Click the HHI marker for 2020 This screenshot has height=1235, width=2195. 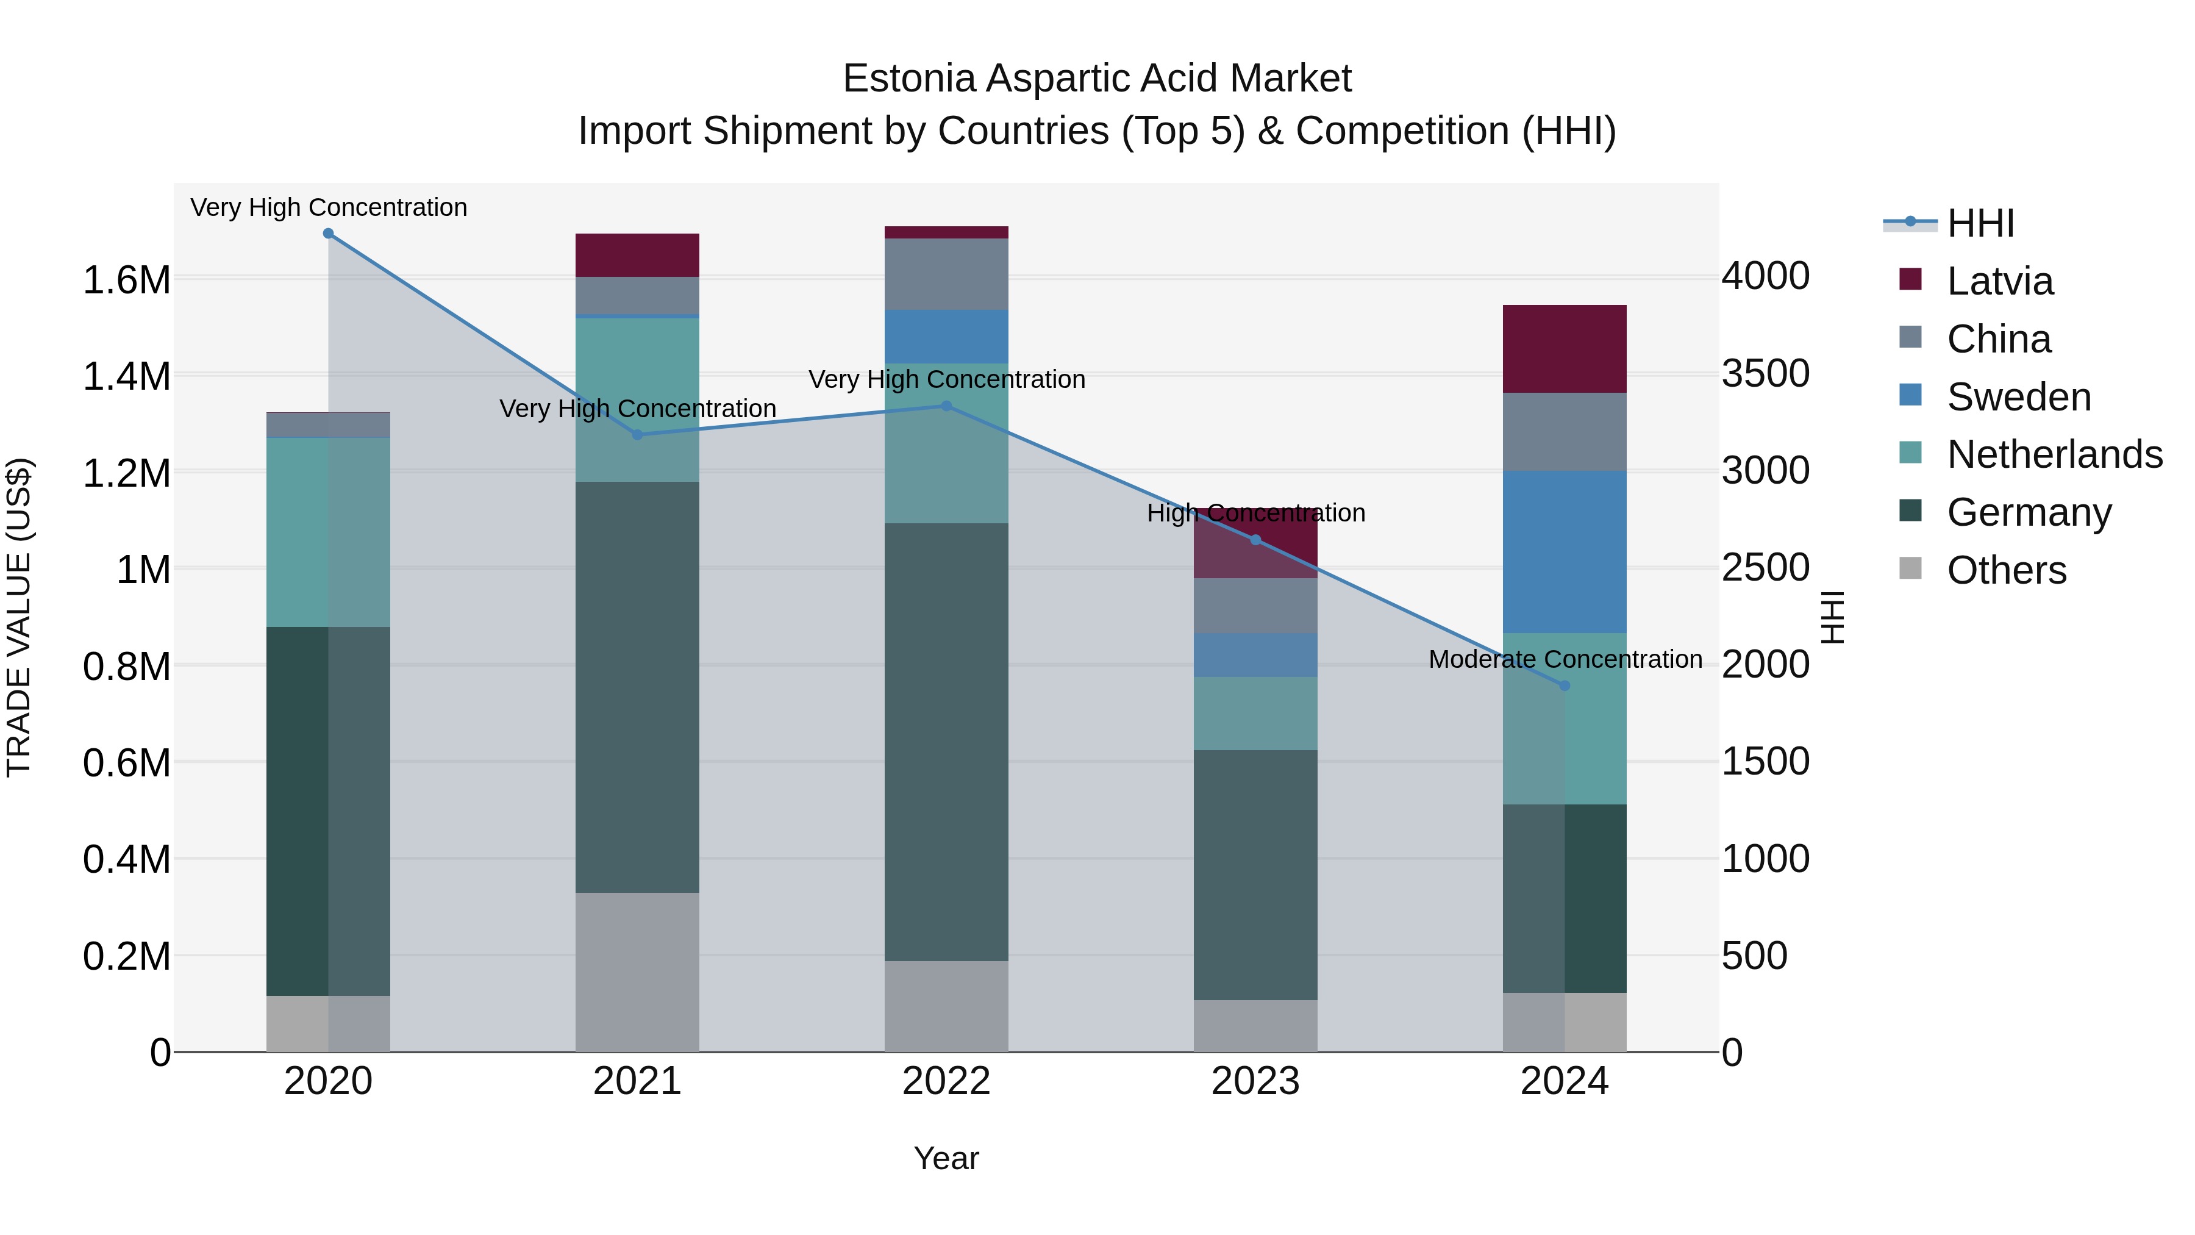(328, 234)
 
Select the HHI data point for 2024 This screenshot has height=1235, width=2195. (1565, 686)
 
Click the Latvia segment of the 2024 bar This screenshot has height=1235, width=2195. (1565, 349)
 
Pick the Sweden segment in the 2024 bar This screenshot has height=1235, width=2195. (1565, 551)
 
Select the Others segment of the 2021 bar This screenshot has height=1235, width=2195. (637, 972)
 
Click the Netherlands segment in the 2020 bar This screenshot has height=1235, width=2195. (328, 532)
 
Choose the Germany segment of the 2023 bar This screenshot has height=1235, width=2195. (1255, 875)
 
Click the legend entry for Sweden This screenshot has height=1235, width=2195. (2018, 397)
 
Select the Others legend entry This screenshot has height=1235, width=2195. (2006, 570)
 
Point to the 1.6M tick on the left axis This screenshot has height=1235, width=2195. (126, 279)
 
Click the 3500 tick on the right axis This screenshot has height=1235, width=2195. (1766, 373)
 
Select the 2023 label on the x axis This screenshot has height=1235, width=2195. (1255, 1081)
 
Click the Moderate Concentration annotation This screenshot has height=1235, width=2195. (1565, 659)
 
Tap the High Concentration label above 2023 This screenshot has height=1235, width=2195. (1255, 513)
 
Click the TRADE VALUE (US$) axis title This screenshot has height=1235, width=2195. (19, 617)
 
